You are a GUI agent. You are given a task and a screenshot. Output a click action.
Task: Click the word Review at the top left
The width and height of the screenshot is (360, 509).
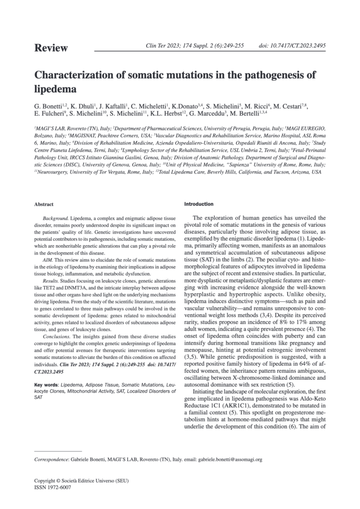pos(51,48)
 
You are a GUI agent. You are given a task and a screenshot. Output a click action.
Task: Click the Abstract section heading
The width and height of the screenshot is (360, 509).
pos(44,204)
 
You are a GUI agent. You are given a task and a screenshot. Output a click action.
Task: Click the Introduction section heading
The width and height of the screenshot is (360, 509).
pos(199,204)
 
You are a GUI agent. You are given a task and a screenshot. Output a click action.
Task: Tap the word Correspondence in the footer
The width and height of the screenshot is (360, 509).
pos(50,460)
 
